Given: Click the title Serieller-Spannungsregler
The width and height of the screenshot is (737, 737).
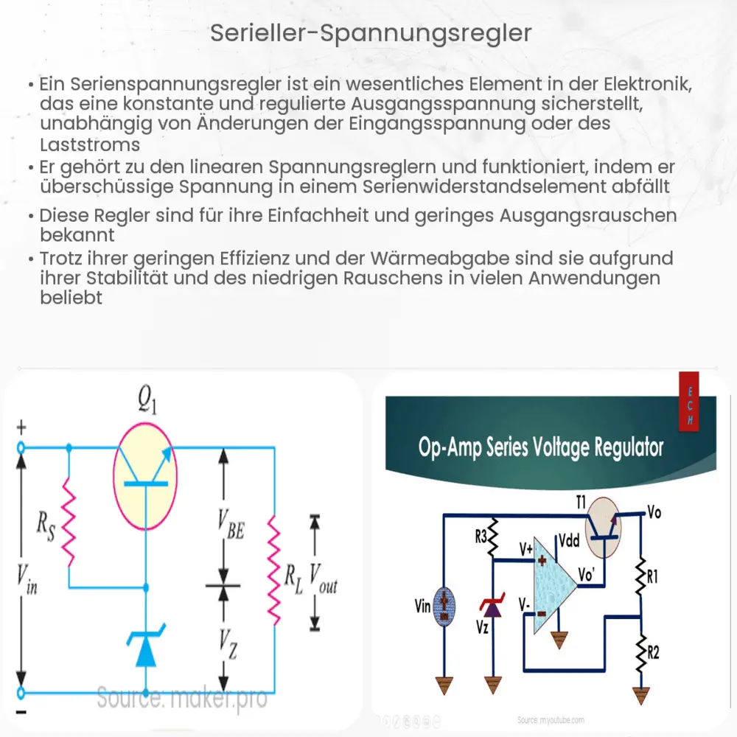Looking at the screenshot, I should (368, 34).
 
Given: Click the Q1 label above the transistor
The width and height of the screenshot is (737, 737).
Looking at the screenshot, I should (147, 402).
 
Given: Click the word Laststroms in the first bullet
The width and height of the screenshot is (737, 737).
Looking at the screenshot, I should (90, 144).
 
